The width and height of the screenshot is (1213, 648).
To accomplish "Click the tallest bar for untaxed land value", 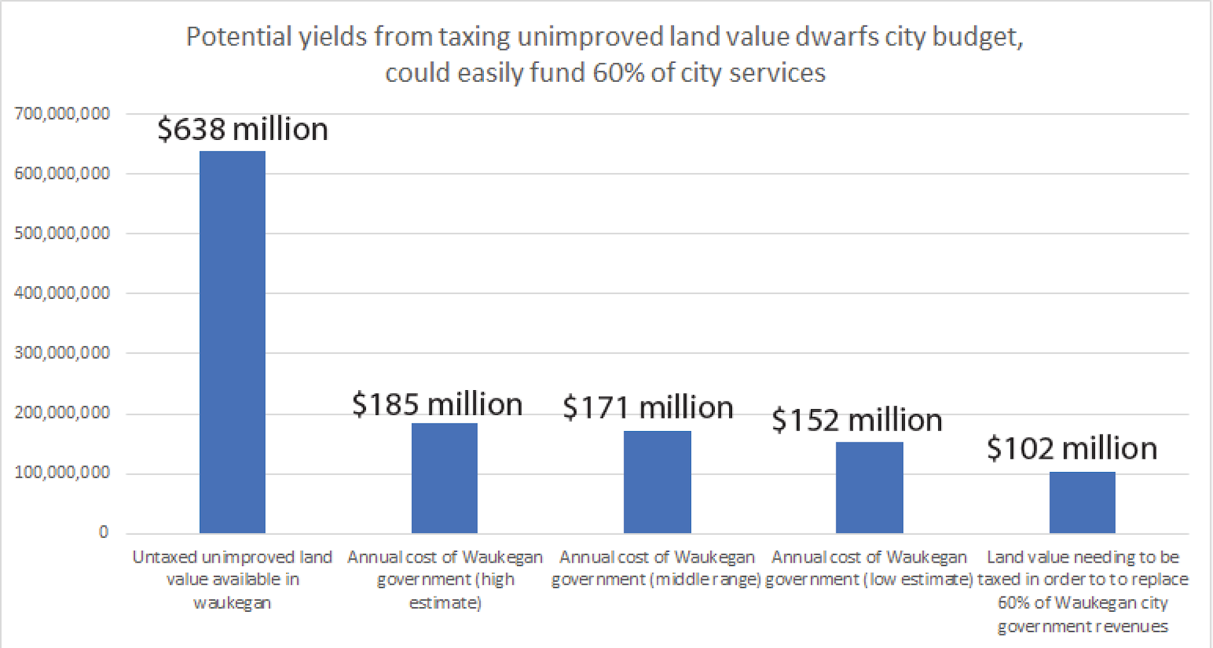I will [232, 342].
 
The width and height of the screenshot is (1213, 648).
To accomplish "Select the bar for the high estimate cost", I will [444, 478].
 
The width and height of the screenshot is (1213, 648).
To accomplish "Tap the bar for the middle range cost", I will [657, 481].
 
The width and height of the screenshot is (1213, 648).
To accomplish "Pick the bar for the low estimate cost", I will [869, 487].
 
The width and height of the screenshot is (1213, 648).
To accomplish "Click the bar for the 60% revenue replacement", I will [1082, 502].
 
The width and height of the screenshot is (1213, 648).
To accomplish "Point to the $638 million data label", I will [243, 129].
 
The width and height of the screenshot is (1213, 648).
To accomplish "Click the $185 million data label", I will [437, 404].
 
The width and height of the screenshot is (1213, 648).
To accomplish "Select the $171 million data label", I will [648, 408].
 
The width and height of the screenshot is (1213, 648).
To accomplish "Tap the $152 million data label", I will [857, 420].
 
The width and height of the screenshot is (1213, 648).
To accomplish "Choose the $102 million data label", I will [1072, 448].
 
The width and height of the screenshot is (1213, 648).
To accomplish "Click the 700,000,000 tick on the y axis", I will [62, 113].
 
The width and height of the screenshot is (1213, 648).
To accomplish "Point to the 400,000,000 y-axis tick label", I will [62, 293].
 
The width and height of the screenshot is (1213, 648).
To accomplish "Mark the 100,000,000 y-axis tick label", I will [62, 473].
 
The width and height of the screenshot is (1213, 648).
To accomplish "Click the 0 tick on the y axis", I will [104, 532].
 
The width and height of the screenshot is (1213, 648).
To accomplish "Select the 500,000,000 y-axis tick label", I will [62, 233].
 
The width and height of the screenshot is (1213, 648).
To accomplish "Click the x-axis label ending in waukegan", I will [232, 579].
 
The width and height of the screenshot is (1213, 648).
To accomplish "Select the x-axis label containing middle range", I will [656, 568].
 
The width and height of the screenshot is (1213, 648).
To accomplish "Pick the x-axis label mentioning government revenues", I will [1082, 591].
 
